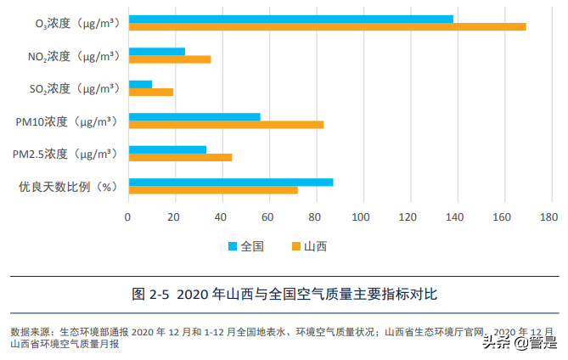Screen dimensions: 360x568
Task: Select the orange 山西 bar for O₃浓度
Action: (327, 26)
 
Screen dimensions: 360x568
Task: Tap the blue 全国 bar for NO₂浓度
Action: (156, 52)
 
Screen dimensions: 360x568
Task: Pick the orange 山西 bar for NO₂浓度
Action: (169, 59)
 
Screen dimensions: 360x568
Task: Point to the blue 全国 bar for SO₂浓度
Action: (140, 84)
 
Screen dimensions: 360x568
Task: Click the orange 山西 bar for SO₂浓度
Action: (150, 92)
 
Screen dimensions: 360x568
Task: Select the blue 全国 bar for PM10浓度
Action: (194, 116)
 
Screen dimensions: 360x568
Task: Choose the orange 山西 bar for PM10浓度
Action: (226, 125)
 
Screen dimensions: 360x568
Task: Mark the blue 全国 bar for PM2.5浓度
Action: (166, 149)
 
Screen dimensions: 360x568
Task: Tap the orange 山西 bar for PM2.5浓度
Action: (179, 157)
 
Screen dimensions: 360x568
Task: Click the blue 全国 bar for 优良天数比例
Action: (230, 182)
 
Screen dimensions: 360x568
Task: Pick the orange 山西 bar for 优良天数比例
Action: (212, 189)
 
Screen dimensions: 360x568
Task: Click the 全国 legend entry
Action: (246, 246)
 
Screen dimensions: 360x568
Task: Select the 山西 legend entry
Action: (309, 246)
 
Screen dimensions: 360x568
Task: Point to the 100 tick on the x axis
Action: (363, 216)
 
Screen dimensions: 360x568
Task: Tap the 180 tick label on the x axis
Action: (551, 216)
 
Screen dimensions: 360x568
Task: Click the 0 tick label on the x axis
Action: (128, 216)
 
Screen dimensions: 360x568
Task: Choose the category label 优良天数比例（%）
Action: (67, 186)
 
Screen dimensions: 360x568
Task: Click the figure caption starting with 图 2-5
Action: (284, 295)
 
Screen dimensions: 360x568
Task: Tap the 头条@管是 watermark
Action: (519, 342)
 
